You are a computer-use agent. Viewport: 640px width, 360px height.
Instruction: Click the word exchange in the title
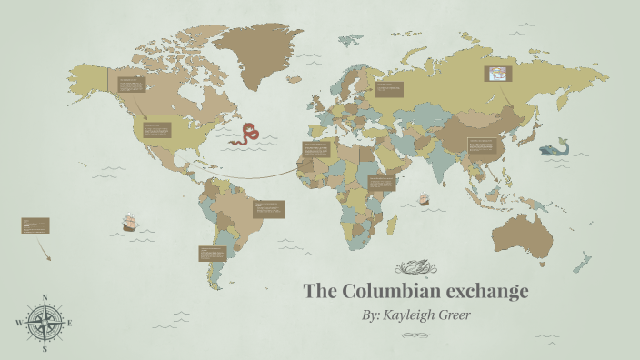pyautogui.click(x=486, y=292)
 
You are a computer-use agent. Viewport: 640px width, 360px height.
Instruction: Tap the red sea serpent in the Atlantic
pyautogui.click(x=245, y=136)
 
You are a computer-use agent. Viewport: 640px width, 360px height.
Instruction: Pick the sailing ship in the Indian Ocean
pyautogui.click(x=424, y=199)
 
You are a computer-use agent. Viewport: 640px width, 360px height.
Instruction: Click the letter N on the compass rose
pyautogui.click(x=44, y=297)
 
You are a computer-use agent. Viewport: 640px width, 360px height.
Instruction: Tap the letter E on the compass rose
pyautogui.click(x=70, y=323)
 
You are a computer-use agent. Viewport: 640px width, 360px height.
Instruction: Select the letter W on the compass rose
pyautogui.click(x=18, y=323)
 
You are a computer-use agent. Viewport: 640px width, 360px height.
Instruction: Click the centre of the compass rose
pyautogui.click(x=44, y=323)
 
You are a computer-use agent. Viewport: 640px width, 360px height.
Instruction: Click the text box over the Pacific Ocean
pyautogui.click(x=35, y=225)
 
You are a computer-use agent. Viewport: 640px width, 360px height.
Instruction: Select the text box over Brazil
pyautogui.click(x=269, y=210)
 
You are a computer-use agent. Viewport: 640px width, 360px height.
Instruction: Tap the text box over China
pyautogui.click(x=482, y=145)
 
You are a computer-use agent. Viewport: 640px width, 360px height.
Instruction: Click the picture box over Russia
pyautogui.click(x=499, y=74)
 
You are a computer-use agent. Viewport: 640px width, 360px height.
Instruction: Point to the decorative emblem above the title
pyautogui.click(x=417, y=267)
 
